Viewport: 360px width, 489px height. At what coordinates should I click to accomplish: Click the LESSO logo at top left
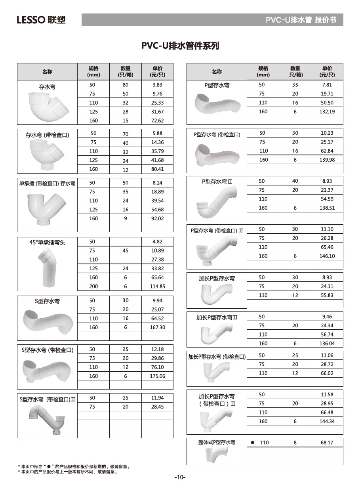41,20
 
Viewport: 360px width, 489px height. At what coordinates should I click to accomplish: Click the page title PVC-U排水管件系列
180,46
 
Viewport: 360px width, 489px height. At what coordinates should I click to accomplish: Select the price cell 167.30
157,327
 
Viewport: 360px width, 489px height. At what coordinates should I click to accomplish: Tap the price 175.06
157,376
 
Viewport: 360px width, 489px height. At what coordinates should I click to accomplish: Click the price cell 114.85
157,287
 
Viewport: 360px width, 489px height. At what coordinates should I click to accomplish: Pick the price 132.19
327,112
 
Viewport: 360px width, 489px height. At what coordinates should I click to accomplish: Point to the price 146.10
327,256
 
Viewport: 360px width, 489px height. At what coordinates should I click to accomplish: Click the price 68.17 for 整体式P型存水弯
327,443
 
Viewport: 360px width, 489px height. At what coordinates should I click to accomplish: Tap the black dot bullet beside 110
253,443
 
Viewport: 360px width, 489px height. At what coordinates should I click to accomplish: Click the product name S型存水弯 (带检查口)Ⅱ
47,399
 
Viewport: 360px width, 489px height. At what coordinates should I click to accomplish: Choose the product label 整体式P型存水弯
217,442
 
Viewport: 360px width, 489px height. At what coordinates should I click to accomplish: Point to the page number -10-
180,477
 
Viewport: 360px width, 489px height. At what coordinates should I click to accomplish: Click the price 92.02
157,218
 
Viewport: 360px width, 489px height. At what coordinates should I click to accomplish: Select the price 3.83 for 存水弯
157,85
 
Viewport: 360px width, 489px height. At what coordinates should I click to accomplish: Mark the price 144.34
327,421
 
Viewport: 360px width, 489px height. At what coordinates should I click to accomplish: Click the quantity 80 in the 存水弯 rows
126,85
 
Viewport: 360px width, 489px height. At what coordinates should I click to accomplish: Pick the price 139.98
327,160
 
